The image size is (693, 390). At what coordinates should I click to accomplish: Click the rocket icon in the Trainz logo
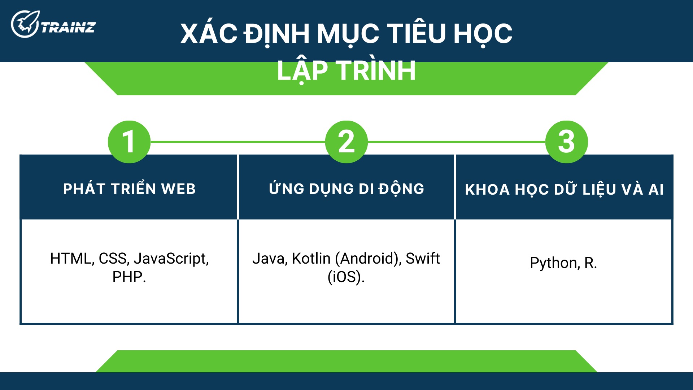[x=25, y=24]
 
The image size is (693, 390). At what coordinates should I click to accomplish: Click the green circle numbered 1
[x=129, y=142]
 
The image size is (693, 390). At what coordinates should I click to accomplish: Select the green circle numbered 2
[x=346, y=142]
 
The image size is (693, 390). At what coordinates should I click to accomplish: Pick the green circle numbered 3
[x=566, y=142]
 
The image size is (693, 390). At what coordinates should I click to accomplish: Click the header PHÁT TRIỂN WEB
[x=129, y=189]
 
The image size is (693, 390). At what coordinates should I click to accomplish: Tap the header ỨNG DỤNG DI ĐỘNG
[x=346, y=189]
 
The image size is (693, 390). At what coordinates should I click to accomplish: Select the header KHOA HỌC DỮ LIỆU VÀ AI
[x=564, y=190]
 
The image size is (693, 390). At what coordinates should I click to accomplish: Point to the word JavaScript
[x=171, y=259]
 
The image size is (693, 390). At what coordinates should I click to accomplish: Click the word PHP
[x=128, y=277]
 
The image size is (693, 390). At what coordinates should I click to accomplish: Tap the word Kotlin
[x=311, y=259]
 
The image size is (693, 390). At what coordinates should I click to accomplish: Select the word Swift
[x=423, y=259]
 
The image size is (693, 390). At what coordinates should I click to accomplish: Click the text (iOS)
[x=346, y=277]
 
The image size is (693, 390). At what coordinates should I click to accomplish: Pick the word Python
[x=554, y=263]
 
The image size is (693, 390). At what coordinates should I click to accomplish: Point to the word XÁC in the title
[x=209, y=34]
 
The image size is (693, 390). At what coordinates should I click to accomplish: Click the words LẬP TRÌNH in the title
[x=346, y=70]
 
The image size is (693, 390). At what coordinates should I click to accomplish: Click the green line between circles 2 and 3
[x=456, y=142]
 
